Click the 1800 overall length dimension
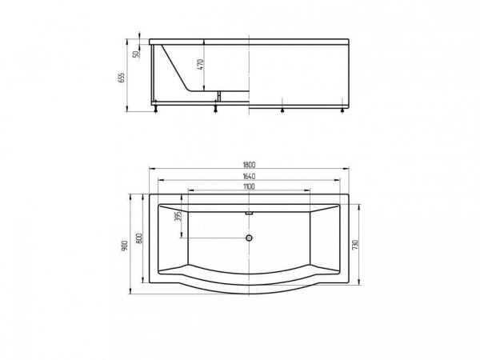[249, 164]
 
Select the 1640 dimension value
[249, 176]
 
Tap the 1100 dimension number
[249, 186]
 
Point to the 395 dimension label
[179, 216]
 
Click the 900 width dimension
[125, 246]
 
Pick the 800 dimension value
[138, 238]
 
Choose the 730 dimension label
[354, 245]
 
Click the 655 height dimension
[122, 78]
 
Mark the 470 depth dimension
[200, 64]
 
